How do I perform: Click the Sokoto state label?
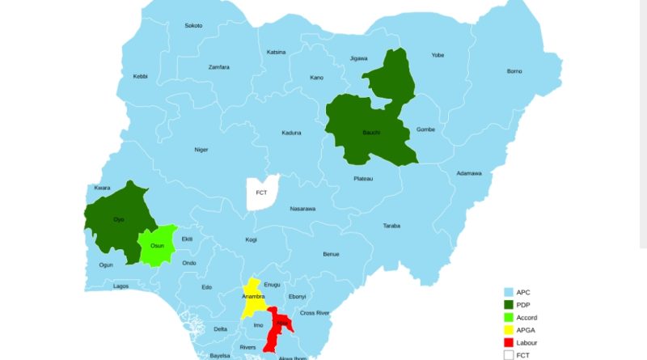click(193, 26)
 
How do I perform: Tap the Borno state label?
click(514, 71)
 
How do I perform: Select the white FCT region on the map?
click(261, 193)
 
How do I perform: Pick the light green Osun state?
click(158, 245)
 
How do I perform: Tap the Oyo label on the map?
click(118, 220)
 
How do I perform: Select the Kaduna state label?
click(292, 133)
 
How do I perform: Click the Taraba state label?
click(391, 226)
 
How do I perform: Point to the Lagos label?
click(121, 286)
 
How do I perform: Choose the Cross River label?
click(315, 312)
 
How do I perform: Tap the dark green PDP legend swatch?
click(509, 304)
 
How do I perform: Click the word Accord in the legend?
click(529, 317)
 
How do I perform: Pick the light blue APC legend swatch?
click(509, 291)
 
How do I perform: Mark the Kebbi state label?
click(140, 77)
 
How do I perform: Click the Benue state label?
click(331, 254)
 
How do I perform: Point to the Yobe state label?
click(438, 56)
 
